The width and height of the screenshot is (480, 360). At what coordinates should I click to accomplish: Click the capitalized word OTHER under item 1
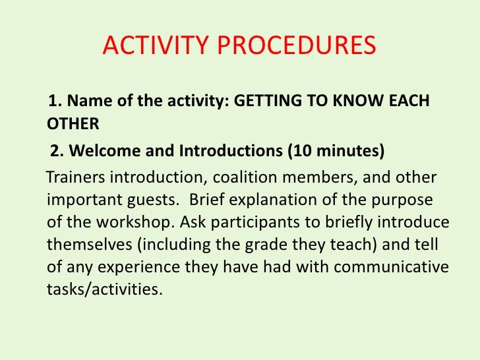click(73, 123)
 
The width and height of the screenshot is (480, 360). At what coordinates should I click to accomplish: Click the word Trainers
click(75, 179)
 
